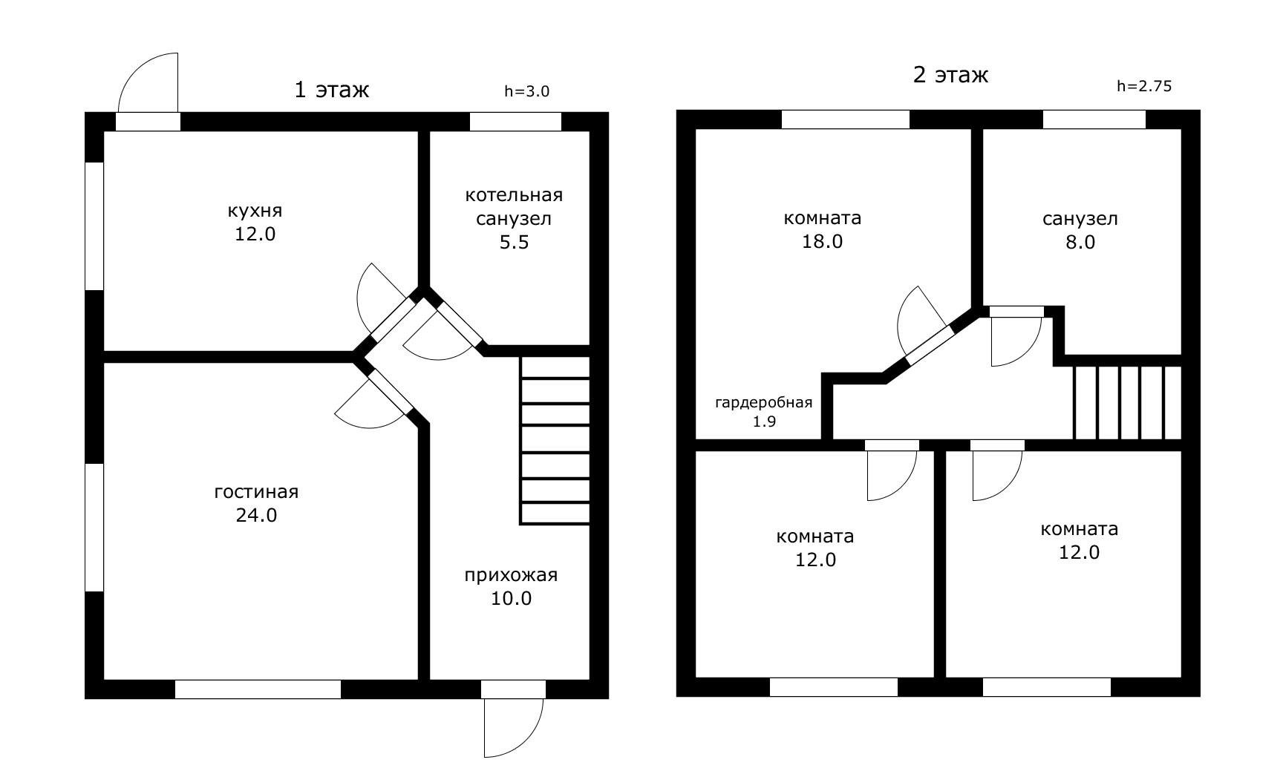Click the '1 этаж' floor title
point(332,90)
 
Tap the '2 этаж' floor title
point(950,75)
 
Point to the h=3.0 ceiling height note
point(526,91)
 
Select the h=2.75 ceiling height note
point(1144,85)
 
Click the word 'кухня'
point(255,211)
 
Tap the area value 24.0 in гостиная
point(256,515)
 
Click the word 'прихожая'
point(511,575)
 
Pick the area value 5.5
point(514,243)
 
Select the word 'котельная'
point(514,195)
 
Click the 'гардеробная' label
point(764,403)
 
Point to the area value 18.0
point(823,242)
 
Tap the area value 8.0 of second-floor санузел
point(1080,243)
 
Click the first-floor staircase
point(555,441)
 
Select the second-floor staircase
point(1127,402)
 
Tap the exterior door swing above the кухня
point(148,82)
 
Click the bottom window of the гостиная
point(258,689)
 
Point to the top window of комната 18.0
point(846,119)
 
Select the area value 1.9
point(764,422)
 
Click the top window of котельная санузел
point(515,122)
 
